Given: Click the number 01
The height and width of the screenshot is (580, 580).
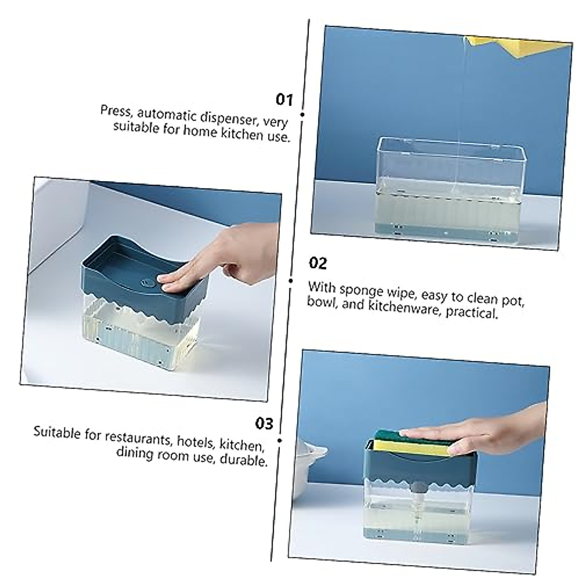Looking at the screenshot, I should [284, 100].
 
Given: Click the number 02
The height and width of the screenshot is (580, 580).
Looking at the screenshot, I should [318, 263].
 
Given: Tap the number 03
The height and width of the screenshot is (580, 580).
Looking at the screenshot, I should [264, 423].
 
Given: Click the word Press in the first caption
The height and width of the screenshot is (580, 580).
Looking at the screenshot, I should [116, 111].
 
